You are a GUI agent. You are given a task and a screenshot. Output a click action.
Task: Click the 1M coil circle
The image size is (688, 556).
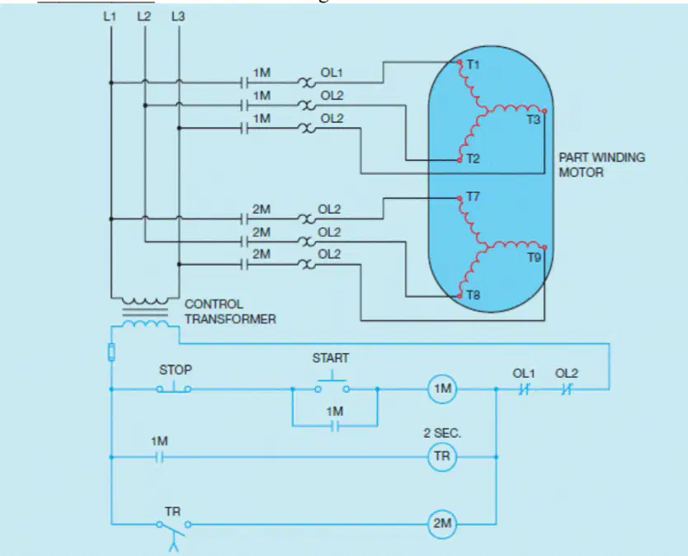tap(442, 389)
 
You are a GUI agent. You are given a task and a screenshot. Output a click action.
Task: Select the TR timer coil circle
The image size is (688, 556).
tap(442, 456)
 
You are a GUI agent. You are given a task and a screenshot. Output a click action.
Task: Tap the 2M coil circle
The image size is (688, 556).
tap(442, 524)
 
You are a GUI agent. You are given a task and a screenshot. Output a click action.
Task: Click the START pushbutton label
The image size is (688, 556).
tap(331, 358)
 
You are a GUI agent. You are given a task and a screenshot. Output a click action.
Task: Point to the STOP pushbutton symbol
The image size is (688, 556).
tap(174, 388)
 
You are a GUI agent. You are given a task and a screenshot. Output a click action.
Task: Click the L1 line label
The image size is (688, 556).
tap(110, 16)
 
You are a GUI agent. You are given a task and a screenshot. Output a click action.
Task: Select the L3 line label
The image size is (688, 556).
tap(178, 16)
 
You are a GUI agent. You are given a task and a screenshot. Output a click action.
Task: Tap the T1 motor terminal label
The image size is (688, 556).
tap(473, 65)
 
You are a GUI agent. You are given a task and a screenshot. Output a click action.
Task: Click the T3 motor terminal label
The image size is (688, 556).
tap(534, 120)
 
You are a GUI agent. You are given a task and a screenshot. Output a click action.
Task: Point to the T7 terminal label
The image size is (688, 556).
tap(473, 196)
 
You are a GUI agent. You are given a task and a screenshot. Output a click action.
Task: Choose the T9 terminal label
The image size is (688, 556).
tap(534, 257)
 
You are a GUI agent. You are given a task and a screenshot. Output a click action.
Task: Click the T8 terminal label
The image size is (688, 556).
tap(474, 294)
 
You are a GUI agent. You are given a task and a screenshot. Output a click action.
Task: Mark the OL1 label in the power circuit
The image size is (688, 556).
tap(332, 73)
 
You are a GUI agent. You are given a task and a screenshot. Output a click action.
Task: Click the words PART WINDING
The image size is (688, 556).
tap(601, 158)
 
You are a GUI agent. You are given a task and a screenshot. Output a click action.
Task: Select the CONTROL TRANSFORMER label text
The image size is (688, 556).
tap(230, 312)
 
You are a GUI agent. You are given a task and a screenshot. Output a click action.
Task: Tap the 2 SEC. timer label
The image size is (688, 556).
tap(442, 434)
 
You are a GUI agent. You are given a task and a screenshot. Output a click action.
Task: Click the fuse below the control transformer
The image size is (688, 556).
tap(111, 352)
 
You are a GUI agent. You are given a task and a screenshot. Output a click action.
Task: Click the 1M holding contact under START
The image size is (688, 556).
tap(335, 426)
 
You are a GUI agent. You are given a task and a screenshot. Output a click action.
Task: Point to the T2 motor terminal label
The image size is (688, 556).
tap(473, 159)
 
